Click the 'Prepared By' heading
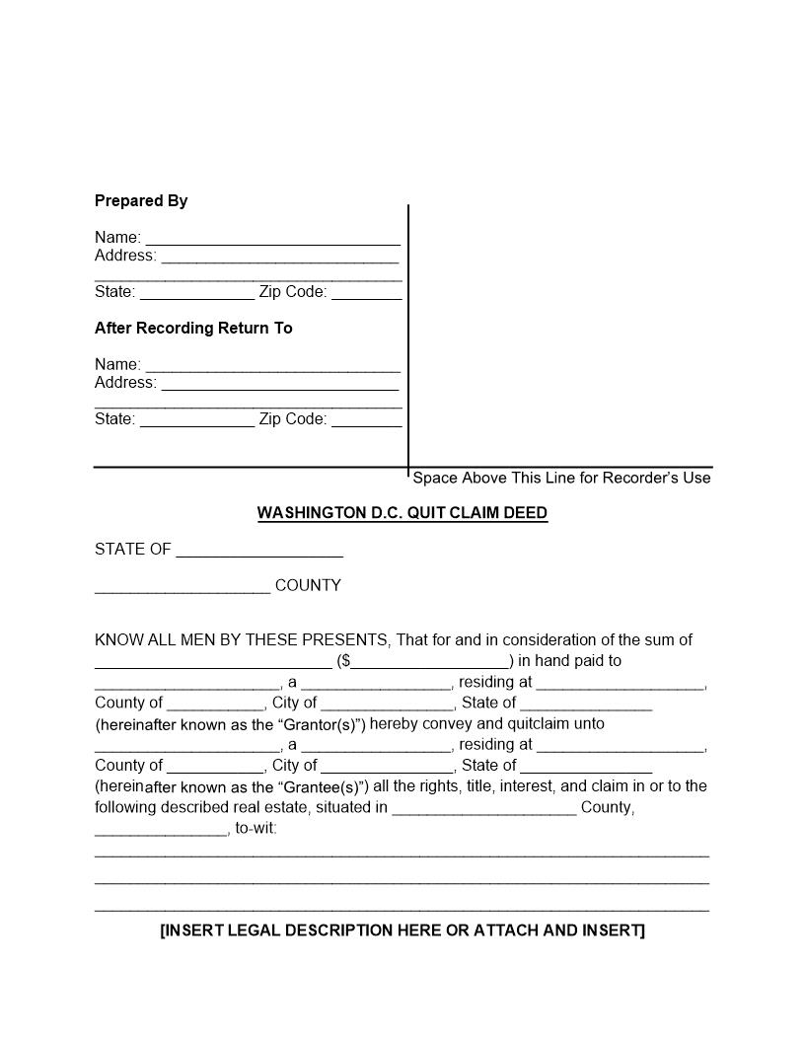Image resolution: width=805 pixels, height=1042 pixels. tap(141, 201)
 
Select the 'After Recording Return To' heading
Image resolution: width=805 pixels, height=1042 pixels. tap(193, 329)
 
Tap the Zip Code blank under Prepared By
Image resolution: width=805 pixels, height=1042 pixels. tap(366, 294)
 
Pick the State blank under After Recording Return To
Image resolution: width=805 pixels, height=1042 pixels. tap(197, 421)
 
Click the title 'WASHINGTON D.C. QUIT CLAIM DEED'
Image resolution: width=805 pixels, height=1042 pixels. tap(402, 513)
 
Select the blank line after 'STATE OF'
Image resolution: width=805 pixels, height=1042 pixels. tap(259, 552)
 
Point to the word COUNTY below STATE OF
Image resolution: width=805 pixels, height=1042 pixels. tap(308, 586)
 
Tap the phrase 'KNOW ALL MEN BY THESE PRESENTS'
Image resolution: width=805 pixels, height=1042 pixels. tap(242, 640)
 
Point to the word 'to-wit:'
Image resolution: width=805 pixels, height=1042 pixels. tap(256, 829)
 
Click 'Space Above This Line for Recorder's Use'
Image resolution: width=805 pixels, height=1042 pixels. tap(561, 479)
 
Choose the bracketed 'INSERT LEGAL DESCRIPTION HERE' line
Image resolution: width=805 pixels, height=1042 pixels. tap(402, 930)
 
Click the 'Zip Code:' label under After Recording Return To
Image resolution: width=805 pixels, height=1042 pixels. tap(293, 419)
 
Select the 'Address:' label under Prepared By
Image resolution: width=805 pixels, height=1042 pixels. tap(125, 256)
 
